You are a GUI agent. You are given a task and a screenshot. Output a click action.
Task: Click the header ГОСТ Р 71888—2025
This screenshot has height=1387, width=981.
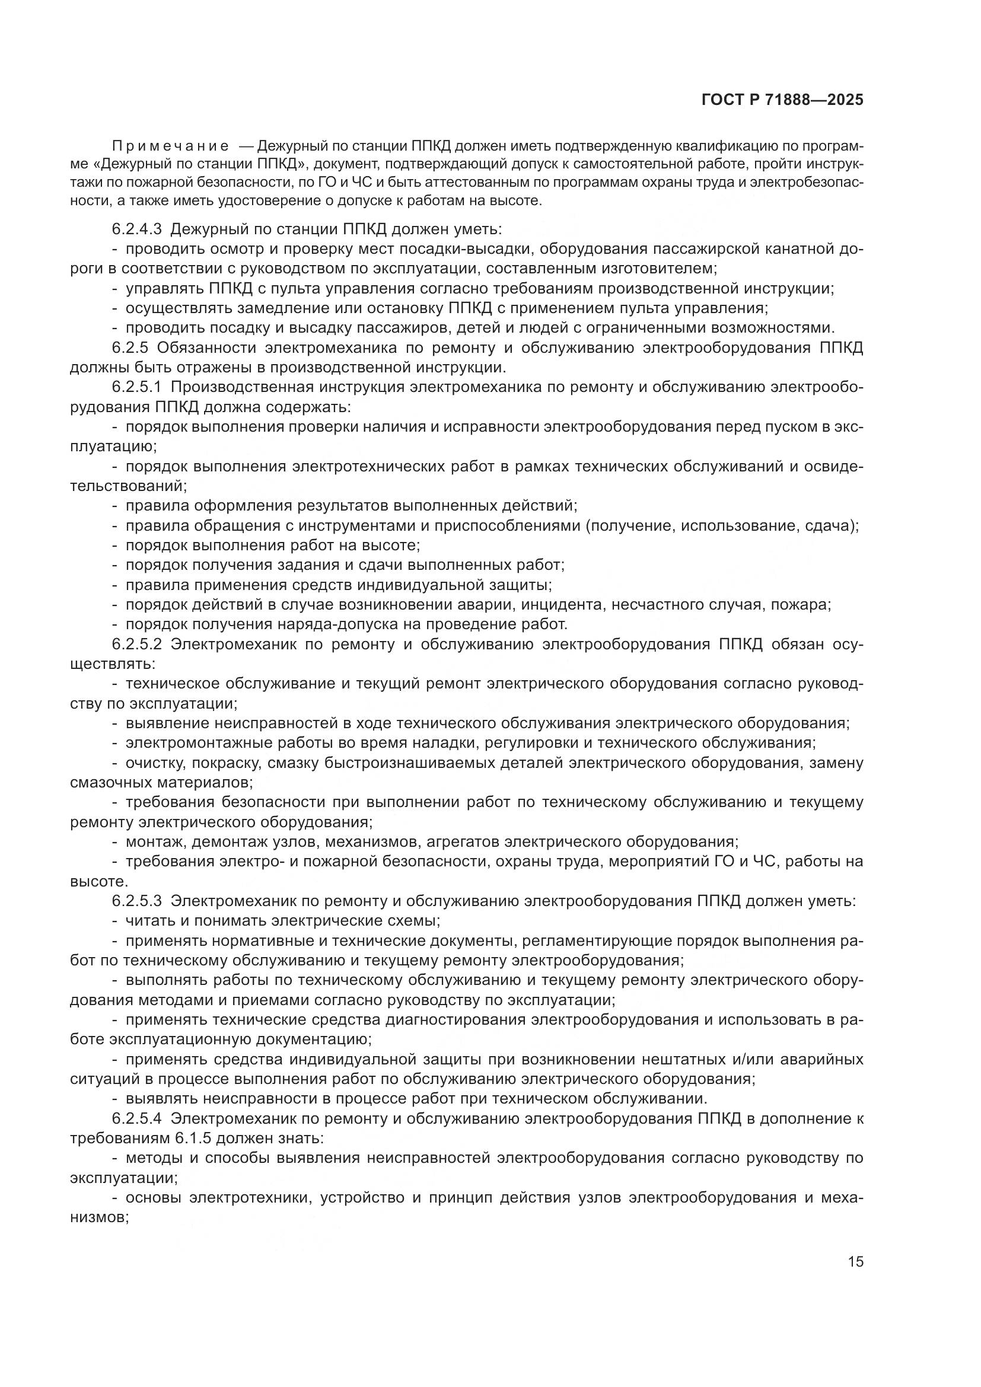coord(782,100)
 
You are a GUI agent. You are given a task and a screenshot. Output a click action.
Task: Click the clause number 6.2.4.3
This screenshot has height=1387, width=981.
coord(136,229)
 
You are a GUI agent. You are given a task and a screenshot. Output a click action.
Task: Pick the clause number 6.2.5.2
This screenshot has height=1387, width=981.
coord(136,645)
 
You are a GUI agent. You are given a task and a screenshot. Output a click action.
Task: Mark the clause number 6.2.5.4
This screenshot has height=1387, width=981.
coord(136,1118)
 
